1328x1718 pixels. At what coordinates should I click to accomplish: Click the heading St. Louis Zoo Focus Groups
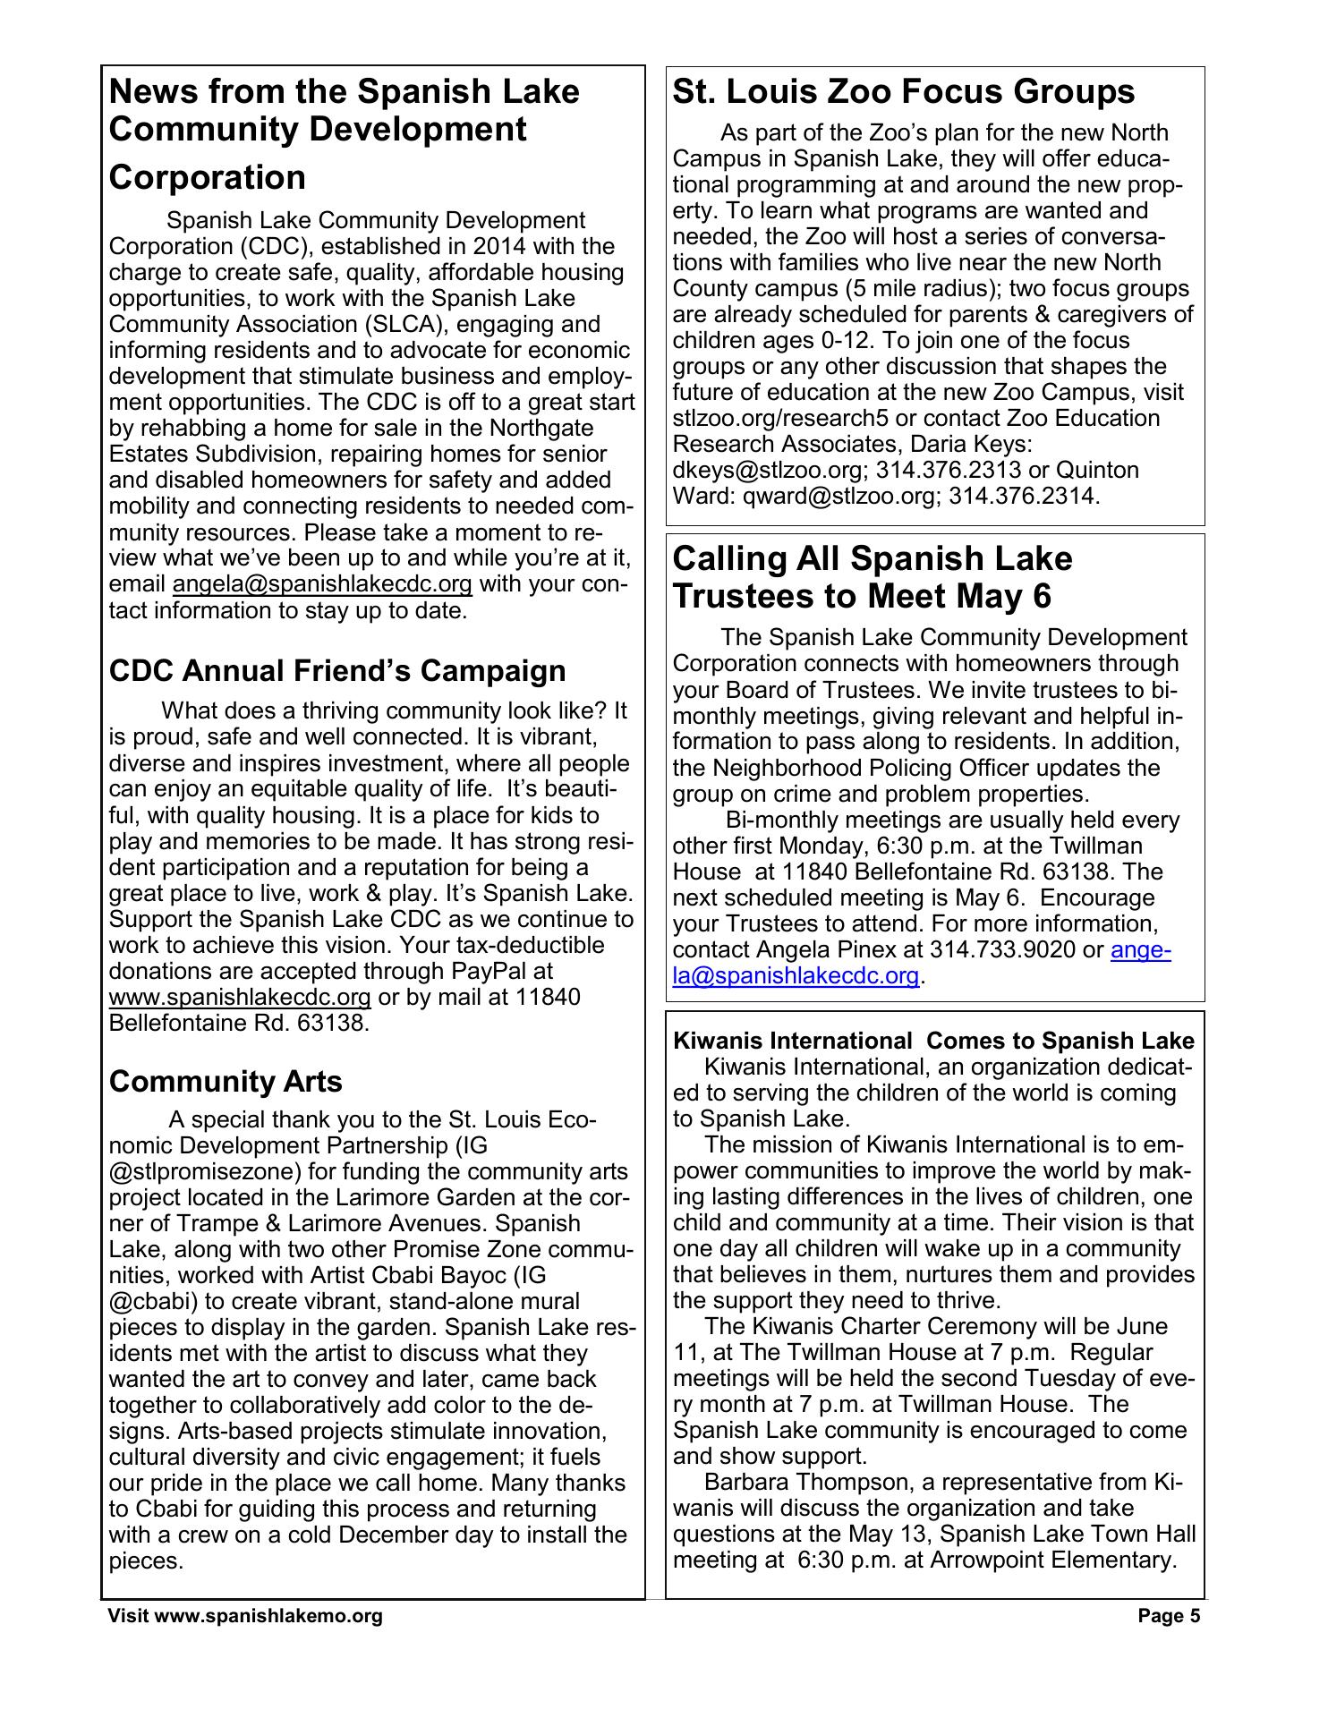tap(903, 92)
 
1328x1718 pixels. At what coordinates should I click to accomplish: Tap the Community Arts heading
tap(226, 1081)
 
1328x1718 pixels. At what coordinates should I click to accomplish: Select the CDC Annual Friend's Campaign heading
tap(337, 670)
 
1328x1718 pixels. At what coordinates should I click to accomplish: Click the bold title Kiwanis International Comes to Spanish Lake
tap(932, 1041)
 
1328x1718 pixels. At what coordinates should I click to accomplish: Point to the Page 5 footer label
tap(1169, 1640)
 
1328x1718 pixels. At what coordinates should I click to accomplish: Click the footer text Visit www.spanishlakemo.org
tap(245, 1640)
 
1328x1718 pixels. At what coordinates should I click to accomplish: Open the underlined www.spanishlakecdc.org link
tap(239, 997)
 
